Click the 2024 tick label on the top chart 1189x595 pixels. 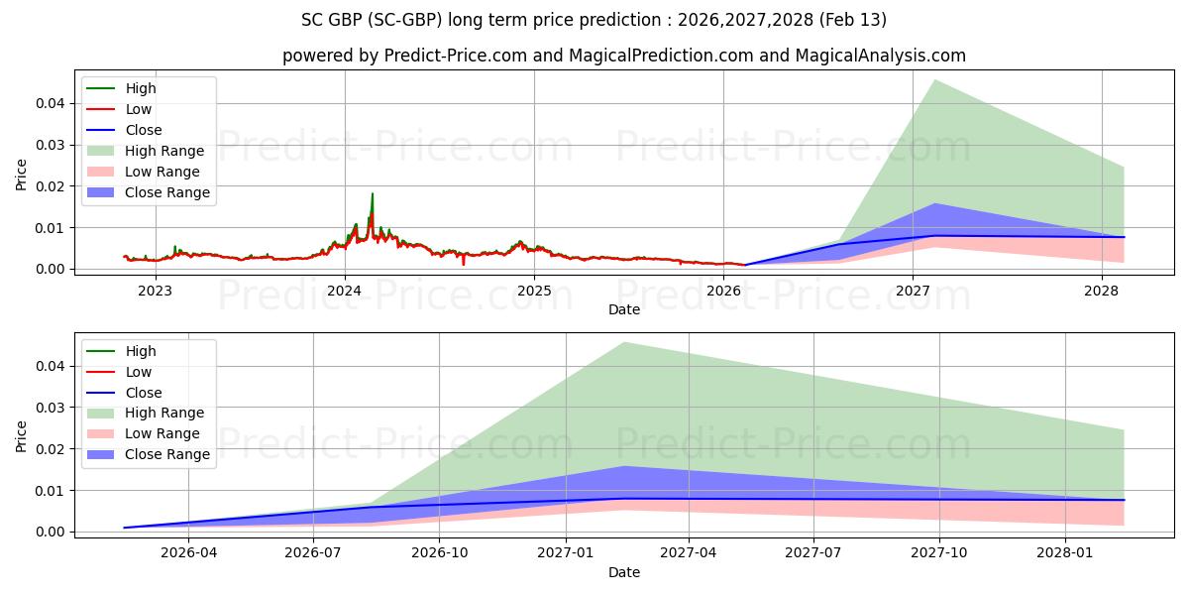[345, 291]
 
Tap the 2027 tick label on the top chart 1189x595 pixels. [913, 291]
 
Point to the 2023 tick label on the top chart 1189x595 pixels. [155, 291]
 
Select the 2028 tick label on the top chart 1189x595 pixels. [1102, 291]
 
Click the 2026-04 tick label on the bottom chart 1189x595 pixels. [188, 553]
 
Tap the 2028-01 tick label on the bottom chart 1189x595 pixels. [1065, 553]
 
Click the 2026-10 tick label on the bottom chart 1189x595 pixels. [440, 553]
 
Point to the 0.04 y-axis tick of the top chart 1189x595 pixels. [52, 103]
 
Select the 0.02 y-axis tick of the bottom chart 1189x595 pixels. [52, 449]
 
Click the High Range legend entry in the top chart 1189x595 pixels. [163, 151]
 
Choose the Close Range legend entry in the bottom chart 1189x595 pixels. [166, 454]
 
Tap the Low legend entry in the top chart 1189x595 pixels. [139, 109]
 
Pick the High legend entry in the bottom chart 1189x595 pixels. [140, 351]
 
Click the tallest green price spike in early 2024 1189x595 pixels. [373, 194]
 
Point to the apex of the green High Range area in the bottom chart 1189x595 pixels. [624, 343]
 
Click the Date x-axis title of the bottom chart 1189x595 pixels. [624, 572]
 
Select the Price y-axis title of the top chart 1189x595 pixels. [22, 175]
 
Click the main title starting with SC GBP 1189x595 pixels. [594, 20]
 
